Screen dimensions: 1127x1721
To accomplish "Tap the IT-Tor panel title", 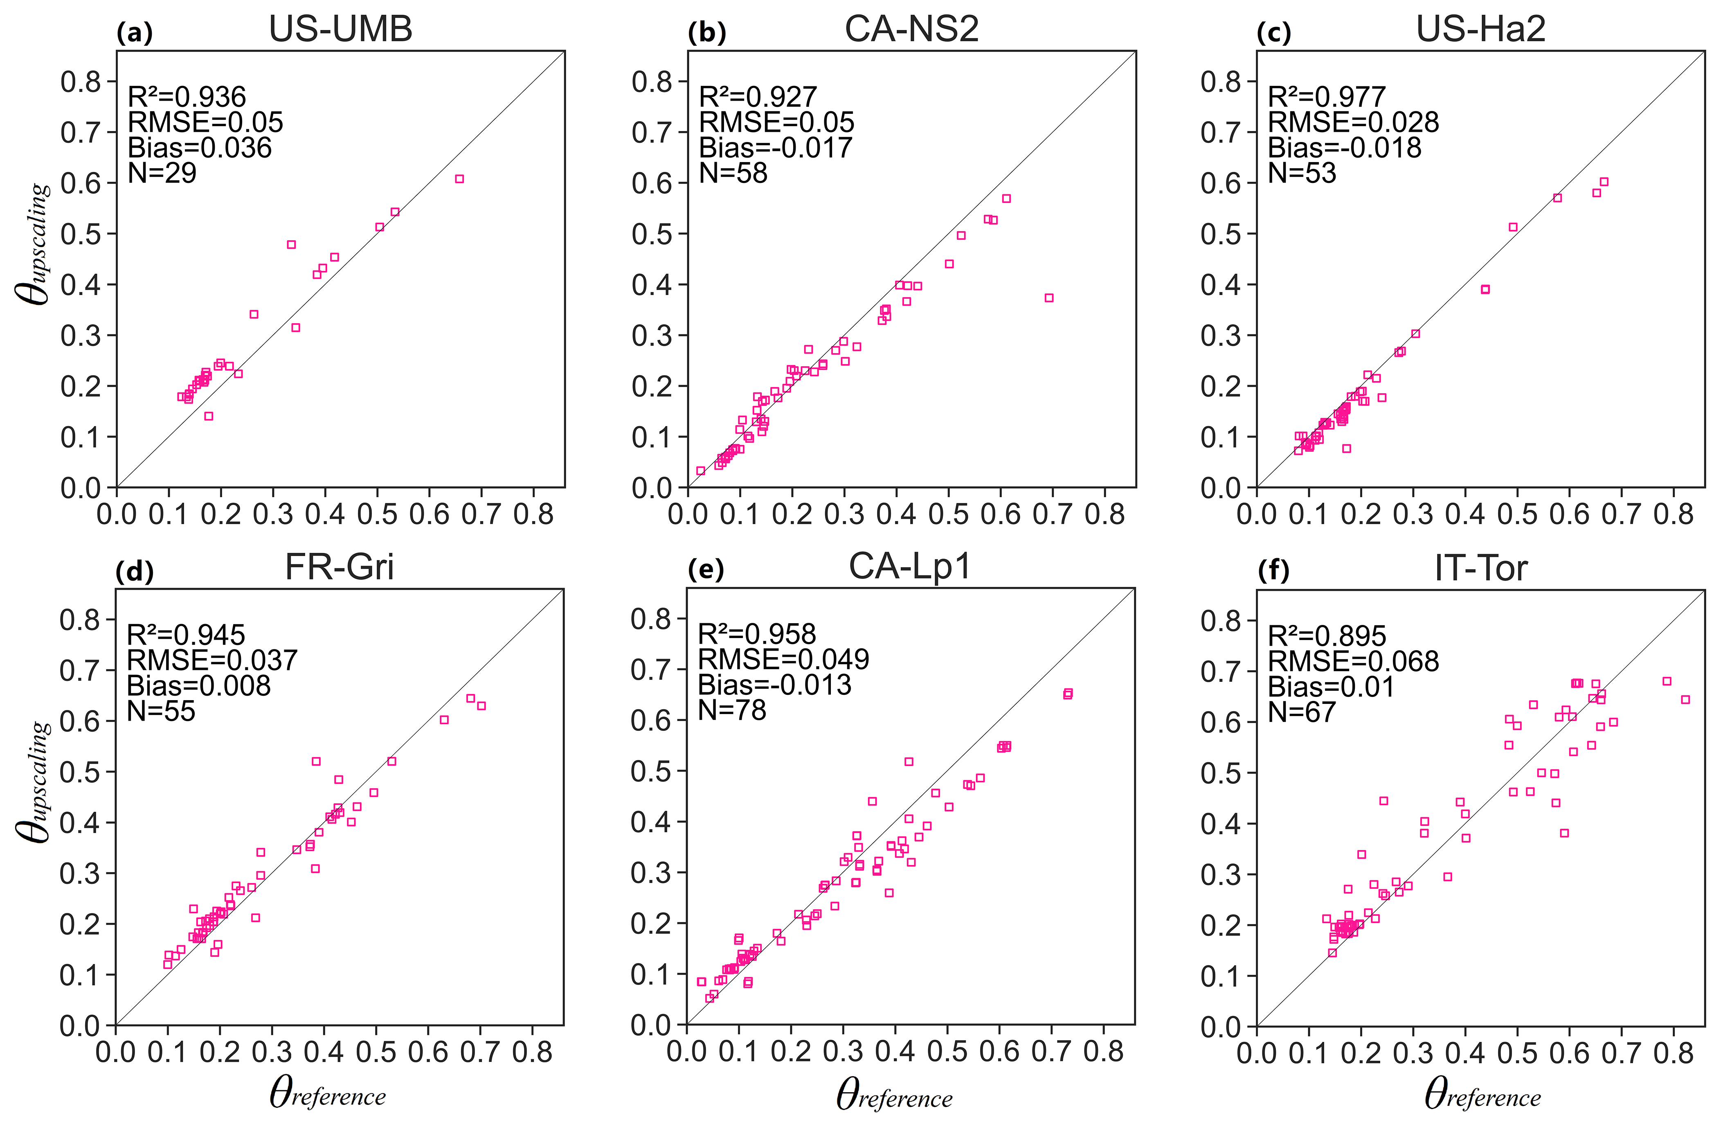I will tap(1481, 568).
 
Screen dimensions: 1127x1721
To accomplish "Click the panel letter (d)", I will tap(135, 571).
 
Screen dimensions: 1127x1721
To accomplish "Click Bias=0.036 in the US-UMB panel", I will tap(200, 148).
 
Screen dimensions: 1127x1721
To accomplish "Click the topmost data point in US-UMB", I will tap(459, 179).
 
